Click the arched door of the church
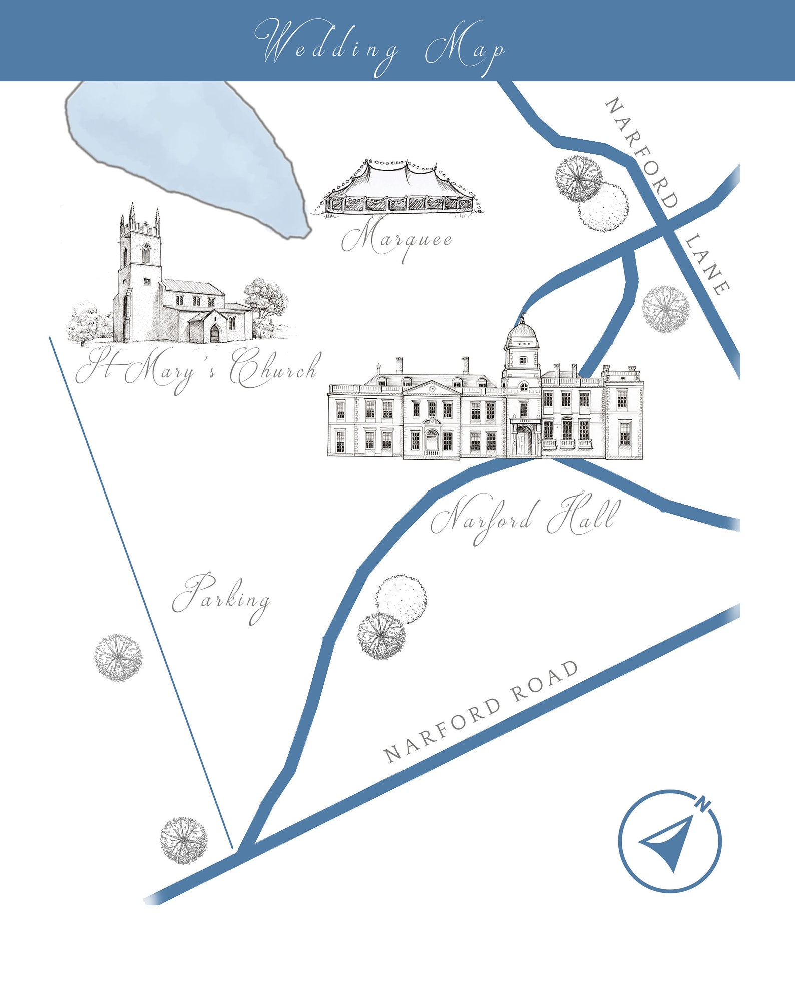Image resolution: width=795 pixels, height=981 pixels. click(x=215, y=333)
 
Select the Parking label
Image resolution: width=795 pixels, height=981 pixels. click(x=221, y=597)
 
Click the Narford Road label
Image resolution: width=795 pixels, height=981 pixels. click(x=481, y=711)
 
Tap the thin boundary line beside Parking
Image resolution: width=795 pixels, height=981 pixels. click(x=140, y=591)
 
